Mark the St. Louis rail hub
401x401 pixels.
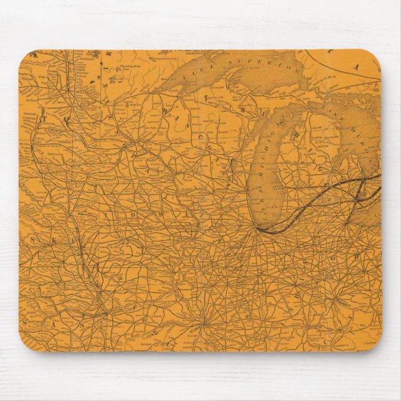coord(200,324)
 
